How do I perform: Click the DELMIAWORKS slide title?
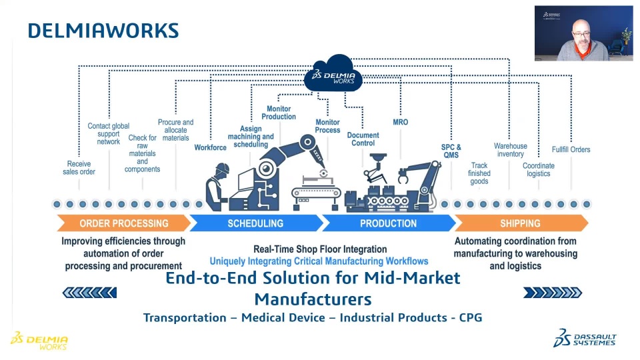click(103, 31)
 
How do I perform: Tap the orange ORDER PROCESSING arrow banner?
click(124, 223)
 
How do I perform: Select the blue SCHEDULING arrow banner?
click(255, 223)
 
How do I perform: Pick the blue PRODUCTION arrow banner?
click(388, 223)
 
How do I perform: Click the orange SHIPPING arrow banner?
click(520, 223)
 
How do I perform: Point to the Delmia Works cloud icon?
click(334, 74)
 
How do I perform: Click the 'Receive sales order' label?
click(79, 168)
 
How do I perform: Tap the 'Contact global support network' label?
click(108, 133)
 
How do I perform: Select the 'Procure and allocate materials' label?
click(175, 130)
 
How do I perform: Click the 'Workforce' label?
click(211, 147)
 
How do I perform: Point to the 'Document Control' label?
click(363, 139)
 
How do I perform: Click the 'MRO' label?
click(401, 122)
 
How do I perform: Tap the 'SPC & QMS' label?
click(451, 151)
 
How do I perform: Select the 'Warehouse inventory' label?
click(511, 150)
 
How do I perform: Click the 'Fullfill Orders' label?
click(571, 149)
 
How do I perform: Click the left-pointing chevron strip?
click(89, 292)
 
